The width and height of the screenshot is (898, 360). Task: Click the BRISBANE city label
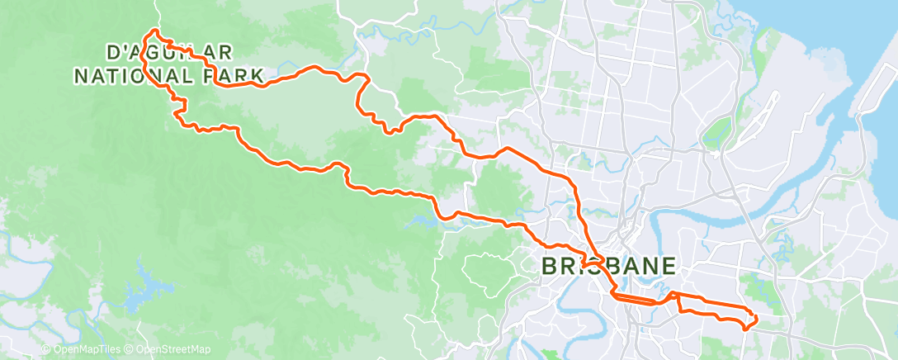(608, 267)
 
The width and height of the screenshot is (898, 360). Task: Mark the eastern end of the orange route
(755, 318)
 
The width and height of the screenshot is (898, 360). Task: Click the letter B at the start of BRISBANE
(551, 267)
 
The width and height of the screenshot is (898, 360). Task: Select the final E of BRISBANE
(669, 267)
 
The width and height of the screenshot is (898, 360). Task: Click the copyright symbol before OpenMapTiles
(45, 349)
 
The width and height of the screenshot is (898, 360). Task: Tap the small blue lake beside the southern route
(421, 221)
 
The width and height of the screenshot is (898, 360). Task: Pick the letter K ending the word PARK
(257, 77)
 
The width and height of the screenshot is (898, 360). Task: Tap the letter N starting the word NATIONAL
(81, 77)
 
